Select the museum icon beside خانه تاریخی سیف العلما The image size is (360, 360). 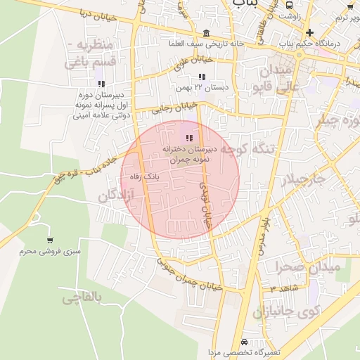pyautogui.click(x=205, y=33)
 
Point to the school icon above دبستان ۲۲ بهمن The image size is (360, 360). pyautogui.click(x=202, y=77)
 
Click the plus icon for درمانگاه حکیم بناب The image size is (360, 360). pyautogui.click(x=309, y=33)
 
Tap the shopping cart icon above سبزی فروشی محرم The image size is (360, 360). pyautogui.click(x=49, y=240)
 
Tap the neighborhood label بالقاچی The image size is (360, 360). pyautogui.click(x=82, y=298)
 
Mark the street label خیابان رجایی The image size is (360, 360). pyautogui.click(x=173, y=107)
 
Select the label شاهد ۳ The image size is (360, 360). pyautogui.click(x=284, y=288)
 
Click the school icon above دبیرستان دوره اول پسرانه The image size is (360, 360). pyautogui.click(x=102, y=84)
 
